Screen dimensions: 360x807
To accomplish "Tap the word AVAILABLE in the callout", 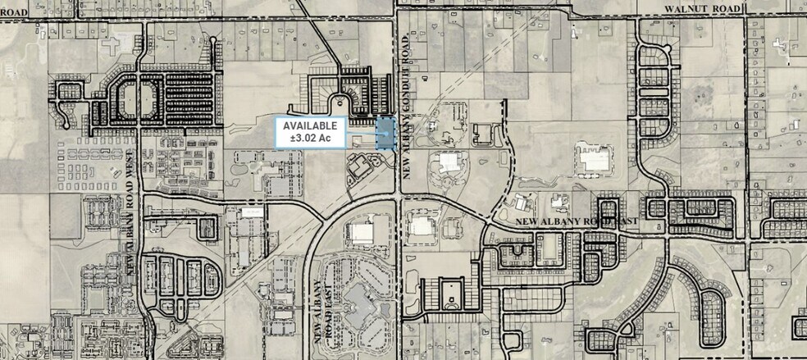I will pos(308,125).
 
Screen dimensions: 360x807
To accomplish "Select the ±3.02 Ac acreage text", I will pos(308,139).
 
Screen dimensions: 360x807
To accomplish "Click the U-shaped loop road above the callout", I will pos(338,102).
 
